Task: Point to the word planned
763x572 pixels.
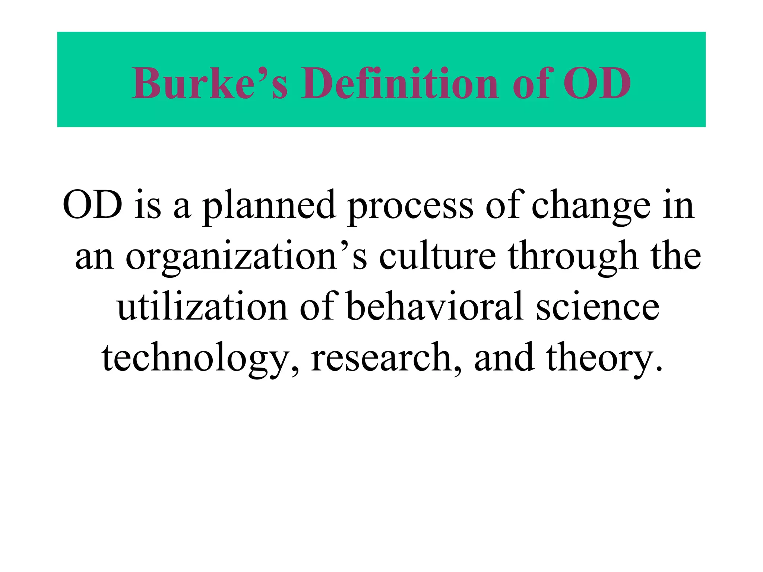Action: click(269, 207)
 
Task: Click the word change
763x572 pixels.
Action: click(591, 207)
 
